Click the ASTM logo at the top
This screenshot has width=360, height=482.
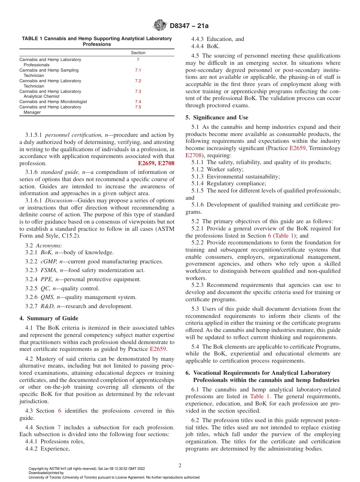(160, 26)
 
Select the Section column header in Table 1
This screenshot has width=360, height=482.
(138, 53)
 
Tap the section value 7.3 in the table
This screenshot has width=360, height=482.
(138, 91)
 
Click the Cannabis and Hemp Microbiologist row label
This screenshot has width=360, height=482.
(53, 102)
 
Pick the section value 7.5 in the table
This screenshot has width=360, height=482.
(138, 107)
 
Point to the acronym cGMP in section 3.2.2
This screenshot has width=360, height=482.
(47, 261)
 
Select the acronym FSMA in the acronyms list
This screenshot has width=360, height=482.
(48, 270)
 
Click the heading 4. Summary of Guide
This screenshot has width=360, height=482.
(49, 318)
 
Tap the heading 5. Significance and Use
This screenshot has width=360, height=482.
(217, 117)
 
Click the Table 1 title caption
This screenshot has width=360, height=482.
(97, 41)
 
